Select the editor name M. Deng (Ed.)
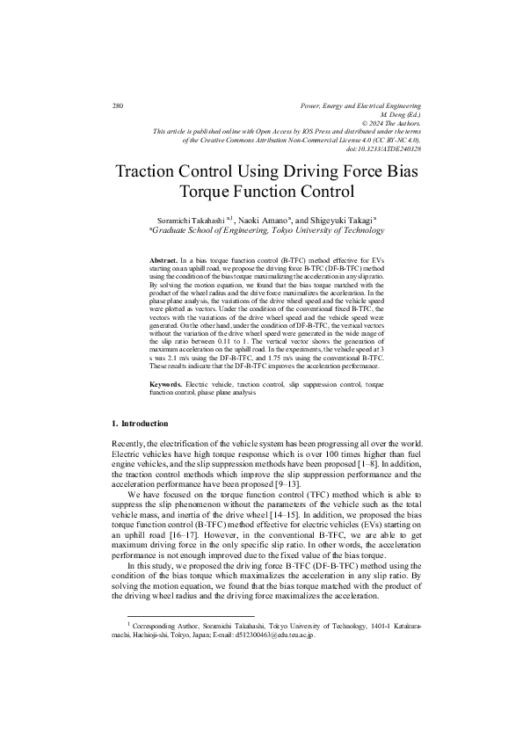pyautogui.click(x=401, y=115)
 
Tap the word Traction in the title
pyautogui.click(x=155, y=170)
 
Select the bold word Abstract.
pyautogui.click(x=163, y=261)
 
